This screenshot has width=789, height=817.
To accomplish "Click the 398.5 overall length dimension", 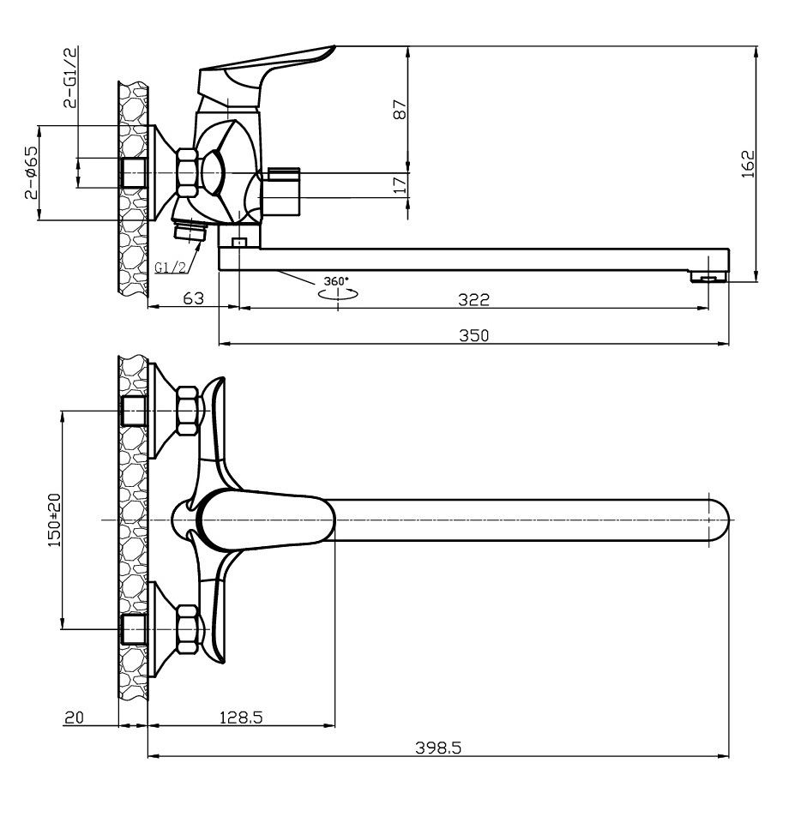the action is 438,748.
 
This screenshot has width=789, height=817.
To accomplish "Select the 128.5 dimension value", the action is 241,718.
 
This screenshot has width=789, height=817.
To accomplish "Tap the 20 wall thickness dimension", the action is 74,718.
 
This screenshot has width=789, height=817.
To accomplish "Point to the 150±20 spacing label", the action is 55,520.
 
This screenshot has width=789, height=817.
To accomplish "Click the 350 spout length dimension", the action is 473,335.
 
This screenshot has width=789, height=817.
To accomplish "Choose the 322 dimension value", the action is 473,300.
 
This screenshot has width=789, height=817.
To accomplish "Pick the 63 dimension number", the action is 193,298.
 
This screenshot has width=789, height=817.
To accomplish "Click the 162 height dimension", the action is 749,164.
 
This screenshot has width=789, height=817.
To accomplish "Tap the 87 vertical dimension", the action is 400,110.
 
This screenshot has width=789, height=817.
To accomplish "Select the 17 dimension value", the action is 400,185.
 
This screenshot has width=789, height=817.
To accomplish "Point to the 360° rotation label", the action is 335,281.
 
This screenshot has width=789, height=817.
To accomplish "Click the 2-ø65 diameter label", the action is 31,172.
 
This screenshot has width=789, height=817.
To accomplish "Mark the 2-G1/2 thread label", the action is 70,77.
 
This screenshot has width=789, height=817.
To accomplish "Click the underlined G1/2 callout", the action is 171,267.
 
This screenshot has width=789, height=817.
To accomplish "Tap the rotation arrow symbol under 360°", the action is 338,294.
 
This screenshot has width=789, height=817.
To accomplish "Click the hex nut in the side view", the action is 187,172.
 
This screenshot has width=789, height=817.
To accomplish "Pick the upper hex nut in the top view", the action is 187,411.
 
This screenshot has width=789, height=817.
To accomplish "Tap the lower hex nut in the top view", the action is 187,629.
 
